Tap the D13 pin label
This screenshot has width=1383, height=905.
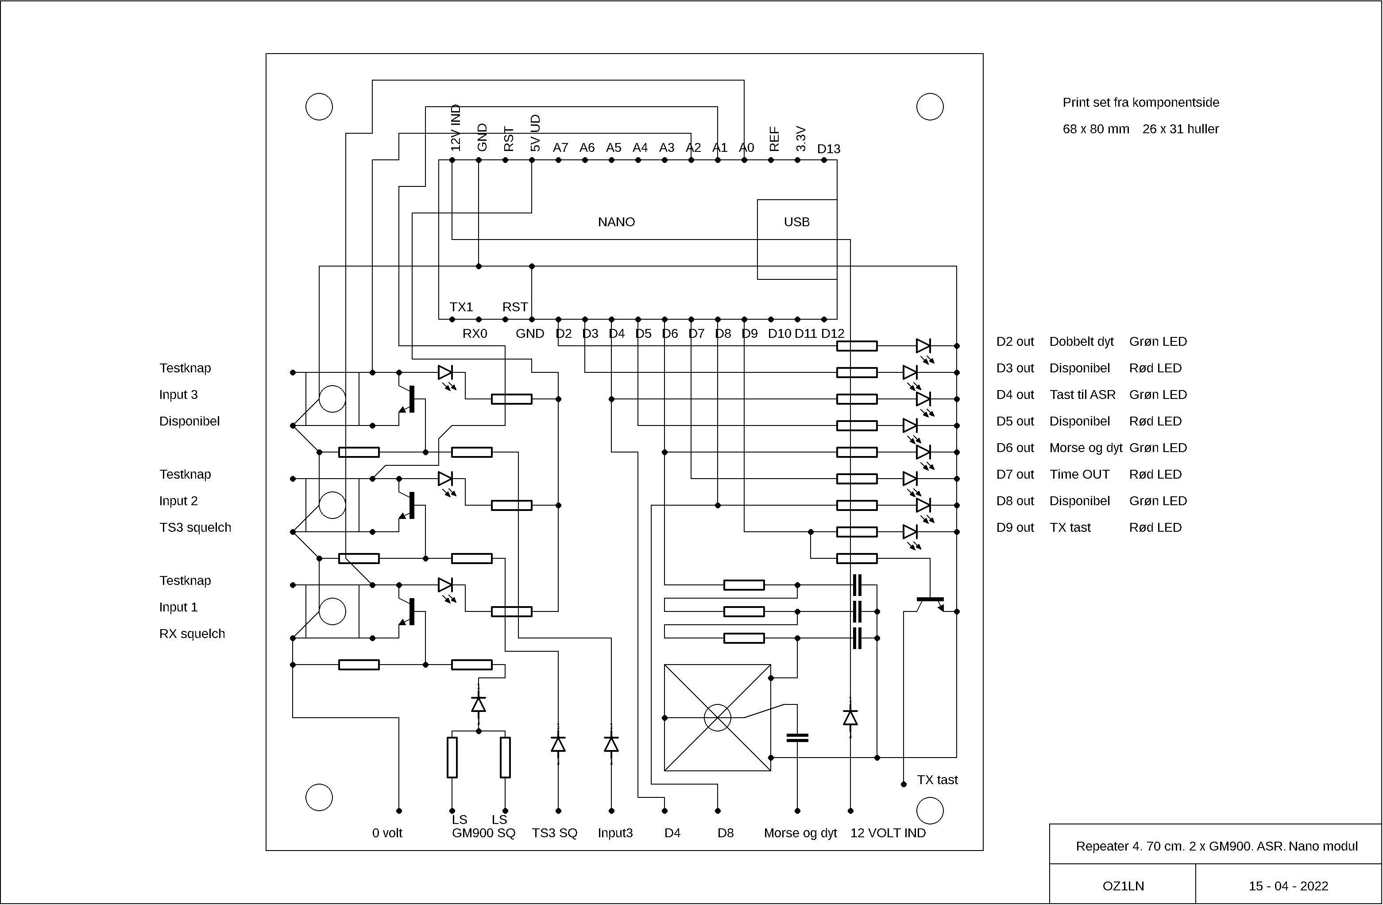[829, 149]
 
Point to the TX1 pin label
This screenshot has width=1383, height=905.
[461, 307]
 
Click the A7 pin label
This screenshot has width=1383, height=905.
[560, 147]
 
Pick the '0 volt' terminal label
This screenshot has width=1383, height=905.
[387, 833]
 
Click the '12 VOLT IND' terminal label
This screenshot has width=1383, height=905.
[888, 833]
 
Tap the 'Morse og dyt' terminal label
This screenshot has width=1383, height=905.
[800, 833]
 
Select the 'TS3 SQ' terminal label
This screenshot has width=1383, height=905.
[554, 833]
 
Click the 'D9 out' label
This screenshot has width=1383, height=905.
[1015, 527]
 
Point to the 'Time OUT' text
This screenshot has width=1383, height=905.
[1079, 474]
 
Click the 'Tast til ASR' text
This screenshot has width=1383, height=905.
[1082, 394]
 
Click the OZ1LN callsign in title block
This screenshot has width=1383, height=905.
[1123, 886]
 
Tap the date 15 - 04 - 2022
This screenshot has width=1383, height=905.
[1288, 886]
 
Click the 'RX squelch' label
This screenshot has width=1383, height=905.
[192, 634]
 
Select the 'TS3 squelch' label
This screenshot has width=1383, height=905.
[195, 527]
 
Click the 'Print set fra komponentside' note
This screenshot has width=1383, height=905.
[1141, 102]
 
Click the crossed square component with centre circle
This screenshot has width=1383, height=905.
[717, 718]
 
